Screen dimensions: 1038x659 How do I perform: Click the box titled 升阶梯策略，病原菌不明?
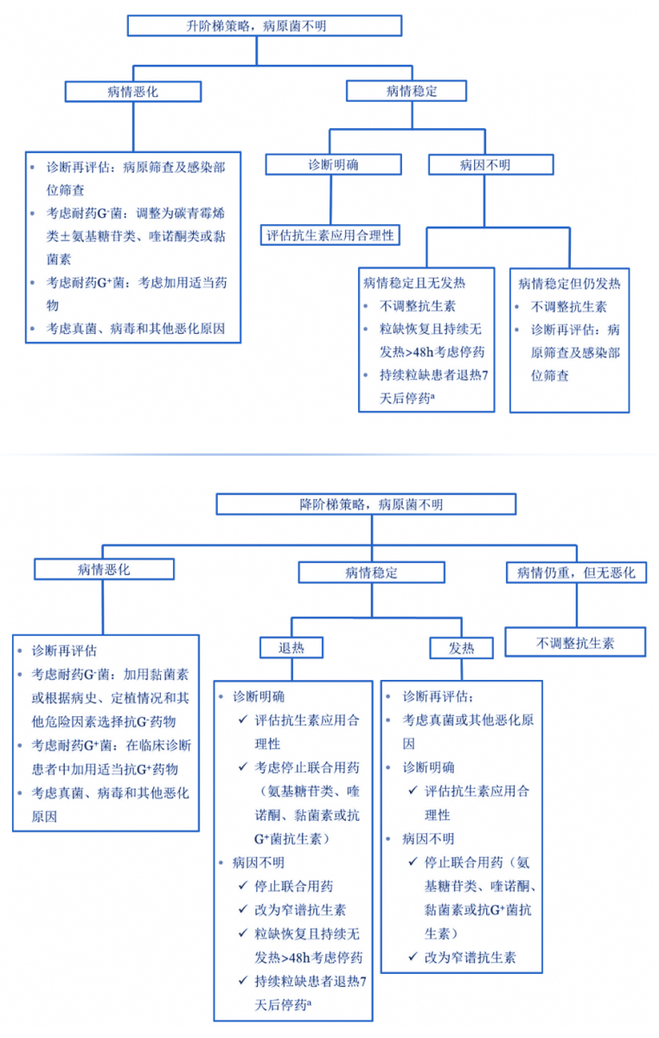tap(265, 25)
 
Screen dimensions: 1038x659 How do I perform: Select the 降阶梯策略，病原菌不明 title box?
tap(366, 503)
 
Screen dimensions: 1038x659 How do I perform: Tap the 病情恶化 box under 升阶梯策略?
tap(134, 91)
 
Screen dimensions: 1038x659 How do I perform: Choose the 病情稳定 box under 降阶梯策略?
tap(372, 572)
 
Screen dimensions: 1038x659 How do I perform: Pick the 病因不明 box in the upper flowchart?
tap(490, 164)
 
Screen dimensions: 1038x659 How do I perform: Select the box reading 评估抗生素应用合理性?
tap(330, 234)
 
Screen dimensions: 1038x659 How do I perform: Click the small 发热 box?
tap(461, 647)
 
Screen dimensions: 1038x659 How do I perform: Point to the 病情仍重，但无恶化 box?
tap(576, 572)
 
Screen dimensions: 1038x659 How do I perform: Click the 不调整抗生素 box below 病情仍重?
tap(576, 643)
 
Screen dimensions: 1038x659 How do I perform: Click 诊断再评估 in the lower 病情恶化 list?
tap(65, 650)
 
